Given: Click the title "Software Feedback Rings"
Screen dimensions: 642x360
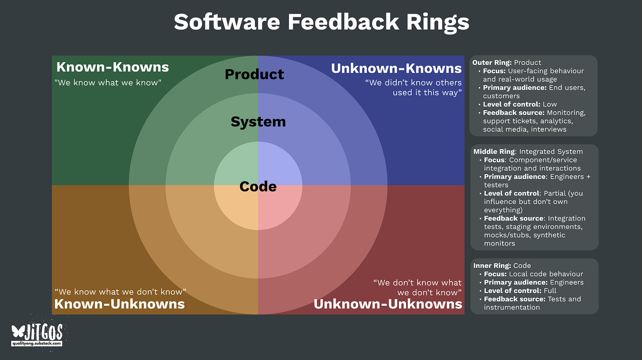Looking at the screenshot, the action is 321,22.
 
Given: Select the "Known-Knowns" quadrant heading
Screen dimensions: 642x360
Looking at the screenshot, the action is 112,67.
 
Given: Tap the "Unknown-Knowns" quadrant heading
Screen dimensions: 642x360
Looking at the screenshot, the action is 396,68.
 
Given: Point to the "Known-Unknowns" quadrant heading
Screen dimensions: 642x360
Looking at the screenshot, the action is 119,304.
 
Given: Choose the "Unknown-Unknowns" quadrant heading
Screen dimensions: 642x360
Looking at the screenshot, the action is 388,304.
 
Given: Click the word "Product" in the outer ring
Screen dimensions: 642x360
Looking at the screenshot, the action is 254,74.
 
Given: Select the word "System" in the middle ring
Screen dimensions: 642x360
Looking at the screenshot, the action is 258,122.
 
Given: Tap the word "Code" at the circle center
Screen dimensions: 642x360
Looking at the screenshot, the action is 258,187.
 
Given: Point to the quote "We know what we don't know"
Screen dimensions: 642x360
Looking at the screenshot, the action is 120,292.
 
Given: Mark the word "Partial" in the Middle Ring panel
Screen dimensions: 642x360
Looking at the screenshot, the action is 556,193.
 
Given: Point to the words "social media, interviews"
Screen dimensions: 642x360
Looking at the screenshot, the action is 525,129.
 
